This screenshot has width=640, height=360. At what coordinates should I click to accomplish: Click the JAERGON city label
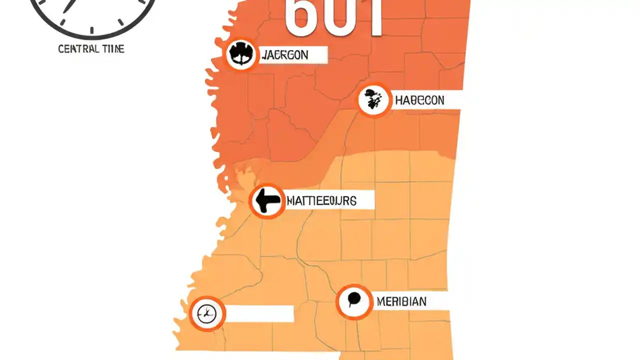pyautogui.click(x=284, y=55)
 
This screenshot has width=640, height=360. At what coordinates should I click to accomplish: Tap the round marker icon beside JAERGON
pyautogui.click(x=241, y=54)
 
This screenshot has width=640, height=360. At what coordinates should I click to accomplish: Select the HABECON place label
pyautogui.click(x=419, y=100)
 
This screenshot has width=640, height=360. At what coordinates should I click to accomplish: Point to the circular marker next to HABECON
pyautogui.click(x=373, y=100)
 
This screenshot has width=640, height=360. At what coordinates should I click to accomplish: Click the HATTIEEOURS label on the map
pyautogui.click(x=321, y=201)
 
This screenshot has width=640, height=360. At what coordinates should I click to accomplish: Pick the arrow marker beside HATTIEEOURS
pyautogui.click(x=267, y=201)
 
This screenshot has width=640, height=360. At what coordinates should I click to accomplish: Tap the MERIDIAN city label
pyautogui.click(x=401, y=301)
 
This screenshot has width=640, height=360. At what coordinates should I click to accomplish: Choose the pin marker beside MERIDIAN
pyautogui.click(x=354, y=301)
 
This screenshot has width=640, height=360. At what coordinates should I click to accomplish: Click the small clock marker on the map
pyautogui.click(x=207, y=314)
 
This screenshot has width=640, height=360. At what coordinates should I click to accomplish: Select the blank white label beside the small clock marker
pyautogui.click(x=259, y=314)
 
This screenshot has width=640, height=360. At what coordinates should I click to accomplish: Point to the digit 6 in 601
pyautogui.click(x=301, y=17)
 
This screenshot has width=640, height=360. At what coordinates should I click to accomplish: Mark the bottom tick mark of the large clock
pyautogui.click(x=91, y=31)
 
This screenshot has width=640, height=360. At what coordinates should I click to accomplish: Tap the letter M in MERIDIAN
pyautogui.click(x=380, y=301)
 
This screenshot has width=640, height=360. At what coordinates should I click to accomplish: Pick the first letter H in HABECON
pyautogui.click(x=399, y=100)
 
